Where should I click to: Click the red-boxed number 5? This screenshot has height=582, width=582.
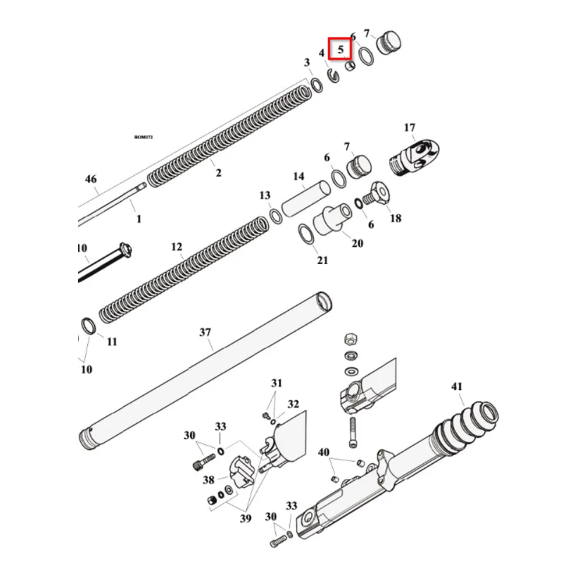click(340, 49)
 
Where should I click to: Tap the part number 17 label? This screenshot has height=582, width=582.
click(409, 127)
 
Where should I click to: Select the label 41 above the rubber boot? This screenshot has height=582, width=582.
click(457, 386)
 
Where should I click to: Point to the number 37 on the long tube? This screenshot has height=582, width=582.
click(205, 333)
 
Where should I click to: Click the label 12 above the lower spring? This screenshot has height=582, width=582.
click(177, 247)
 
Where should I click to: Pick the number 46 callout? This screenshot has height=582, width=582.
click(91, 179)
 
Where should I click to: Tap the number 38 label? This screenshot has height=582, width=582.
click(208, 480)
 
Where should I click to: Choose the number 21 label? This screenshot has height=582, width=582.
click(322, 260)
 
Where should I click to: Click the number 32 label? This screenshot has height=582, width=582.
click(293, 404)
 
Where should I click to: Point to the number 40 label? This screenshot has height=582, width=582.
click(324, 452)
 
